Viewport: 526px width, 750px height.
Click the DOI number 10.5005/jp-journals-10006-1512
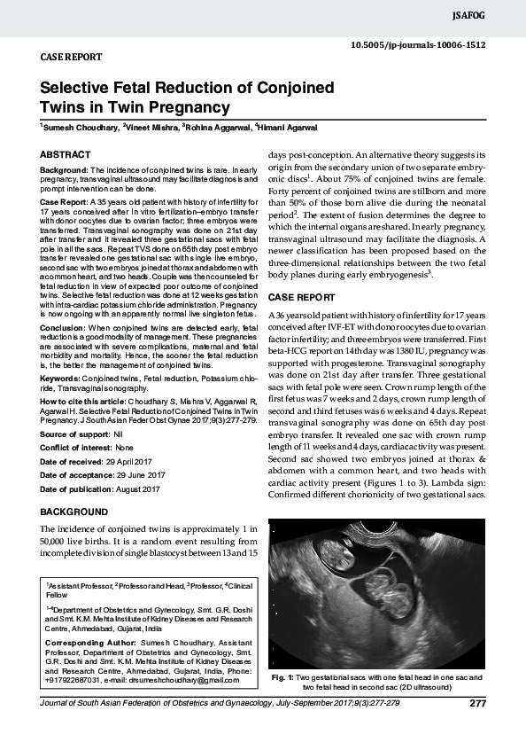pyautogui.click(x=417, y=43)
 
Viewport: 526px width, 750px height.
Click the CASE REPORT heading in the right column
pyautogui.click(x=301, y=295)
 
